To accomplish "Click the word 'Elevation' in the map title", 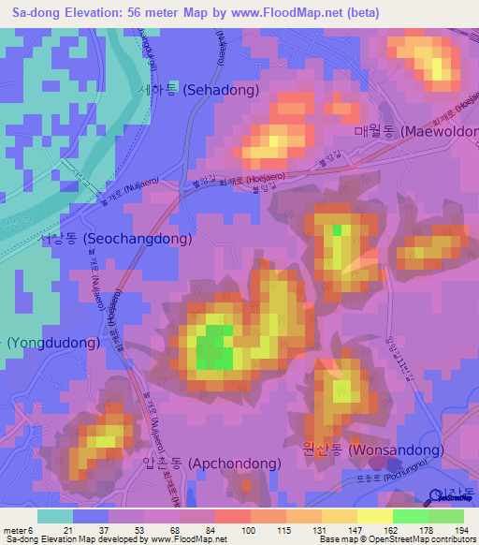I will [104, 12].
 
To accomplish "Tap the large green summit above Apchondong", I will [216, 348].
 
